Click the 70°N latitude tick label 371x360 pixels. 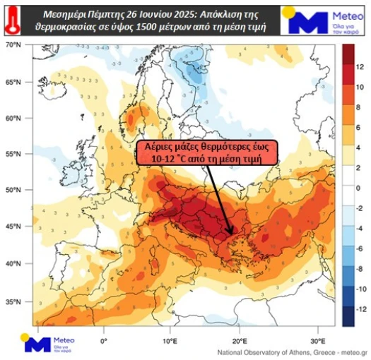pos(13,44)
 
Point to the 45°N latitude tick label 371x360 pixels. pos(13,227)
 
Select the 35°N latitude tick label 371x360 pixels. pos(13,301)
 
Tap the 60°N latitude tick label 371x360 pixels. pos(13,117)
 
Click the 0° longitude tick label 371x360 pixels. pos(104,340)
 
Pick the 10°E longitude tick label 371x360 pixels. pos(170,340)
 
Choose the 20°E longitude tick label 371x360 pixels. pos(237,340)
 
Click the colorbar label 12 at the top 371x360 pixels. pos(360,66)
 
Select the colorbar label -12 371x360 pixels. pos(360,308)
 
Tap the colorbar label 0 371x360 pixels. pos(360,187)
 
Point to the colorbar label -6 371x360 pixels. pos(360,248)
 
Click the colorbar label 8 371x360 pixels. pos(360,107)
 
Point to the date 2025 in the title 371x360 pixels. pos(203,13)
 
